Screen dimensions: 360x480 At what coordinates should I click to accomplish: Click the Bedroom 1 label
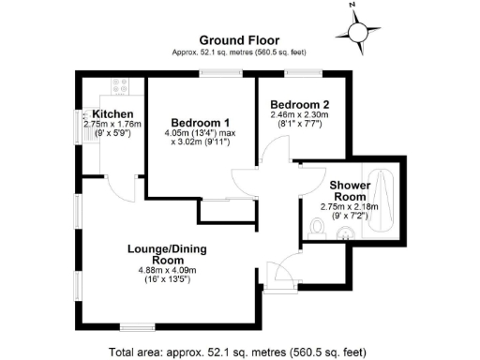200,123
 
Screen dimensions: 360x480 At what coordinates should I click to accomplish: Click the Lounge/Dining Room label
167,254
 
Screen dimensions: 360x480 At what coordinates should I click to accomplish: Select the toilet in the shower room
317,227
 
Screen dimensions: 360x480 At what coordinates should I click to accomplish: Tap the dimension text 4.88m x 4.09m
167,271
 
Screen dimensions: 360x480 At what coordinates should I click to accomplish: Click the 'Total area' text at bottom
240,352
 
